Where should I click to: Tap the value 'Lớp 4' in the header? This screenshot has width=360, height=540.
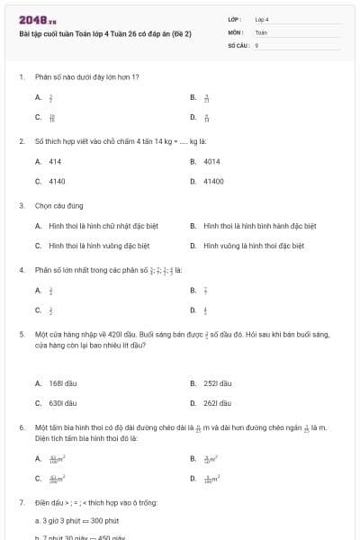(262, 19)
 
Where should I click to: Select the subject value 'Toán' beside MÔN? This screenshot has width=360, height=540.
(261, 31)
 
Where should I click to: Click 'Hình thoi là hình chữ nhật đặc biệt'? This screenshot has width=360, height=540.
(98, 226)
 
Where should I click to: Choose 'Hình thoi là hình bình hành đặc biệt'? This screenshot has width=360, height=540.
(259, 226)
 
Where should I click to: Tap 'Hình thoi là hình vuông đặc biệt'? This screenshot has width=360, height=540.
(98, 245)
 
